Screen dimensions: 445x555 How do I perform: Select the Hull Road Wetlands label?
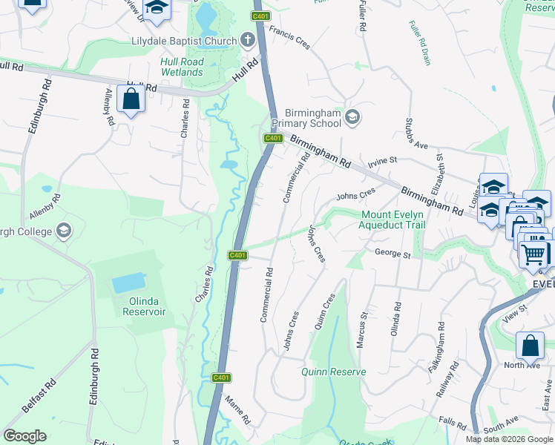(182, 67)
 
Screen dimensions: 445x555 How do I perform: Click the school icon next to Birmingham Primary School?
(352, 116)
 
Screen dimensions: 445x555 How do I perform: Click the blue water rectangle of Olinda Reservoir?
(129, 283)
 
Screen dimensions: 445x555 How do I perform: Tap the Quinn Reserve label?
(333, 372)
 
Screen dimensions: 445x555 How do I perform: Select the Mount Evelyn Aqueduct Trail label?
(393, 220)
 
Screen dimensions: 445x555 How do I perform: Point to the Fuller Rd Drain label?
(419, 42)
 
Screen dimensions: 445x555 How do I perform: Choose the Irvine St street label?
(384, 160)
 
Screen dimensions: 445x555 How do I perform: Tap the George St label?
(393, 254)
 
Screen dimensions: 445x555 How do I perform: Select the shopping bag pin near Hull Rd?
(131, 99)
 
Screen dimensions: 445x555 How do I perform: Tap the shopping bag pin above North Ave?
(529, 346)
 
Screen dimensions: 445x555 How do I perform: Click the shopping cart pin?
(533, 254)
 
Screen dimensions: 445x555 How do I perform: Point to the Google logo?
(25, 435)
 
